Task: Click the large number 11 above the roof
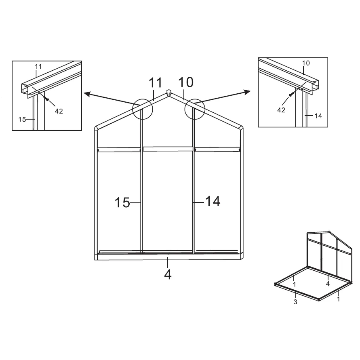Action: coord(156,83)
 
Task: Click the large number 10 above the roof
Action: coord(186,82)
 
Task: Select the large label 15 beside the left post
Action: coord(122,202)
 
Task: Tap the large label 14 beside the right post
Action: coord(213,201)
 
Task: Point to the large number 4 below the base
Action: coord(168,274)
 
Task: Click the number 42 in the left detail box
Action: coord(59,111)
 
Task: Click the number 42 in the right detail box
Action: coord(281,110)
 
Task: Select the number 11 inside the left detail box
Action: coord(38,67)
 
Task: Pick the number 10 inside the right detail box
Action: coord(306,63)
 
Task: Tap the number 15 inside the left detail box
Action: coord(22,119)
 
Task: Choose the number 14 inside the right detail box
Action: coord(318,116)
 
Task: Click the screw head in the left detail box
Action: coord(47,99)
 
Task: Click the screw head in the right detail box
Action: coord(291,95)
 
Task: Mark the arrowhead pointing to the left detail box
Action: coord(87,94)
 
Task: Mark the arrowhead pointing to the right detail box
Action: coord(248,92)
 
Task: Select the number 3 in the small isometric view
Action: coord(295,302)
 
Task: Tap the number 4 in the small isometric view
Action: coord(328,284)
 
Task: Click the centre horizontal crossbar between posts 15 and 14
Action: coord(168,149)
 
